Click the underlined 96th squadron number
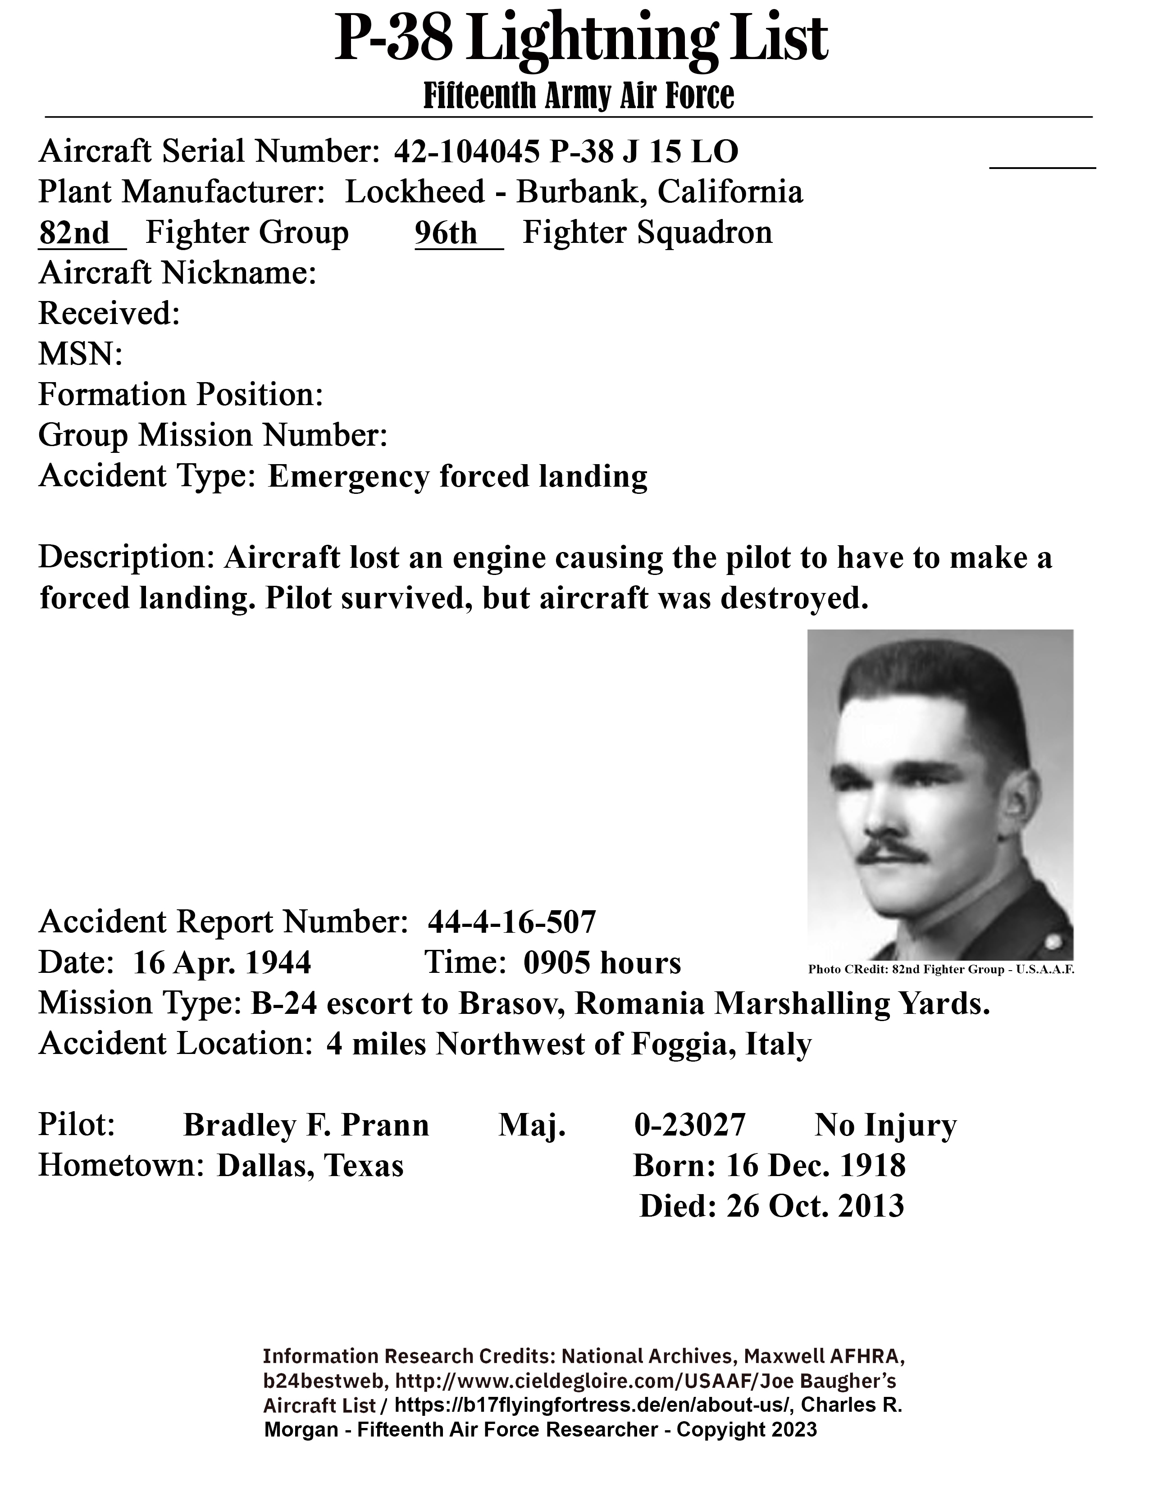point(447,233)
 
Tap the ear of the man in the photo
point(1022,801)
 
